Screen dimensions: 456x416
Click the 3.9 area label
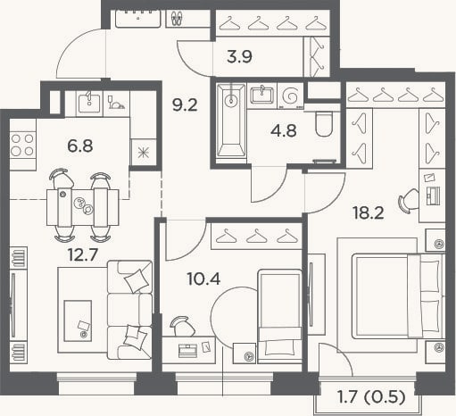[x=239, y=56]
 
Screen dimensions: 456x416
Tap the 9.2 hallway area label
[x=185, y=105]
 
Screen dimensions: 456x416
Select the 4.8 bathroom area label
[x=284, y=131]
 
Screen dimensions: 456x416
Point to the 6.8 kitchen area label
[x=80, y=146]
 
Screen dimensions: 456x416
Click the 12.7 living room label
[x=83, y=254]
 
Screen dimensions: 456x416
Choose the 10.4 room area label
[x=203, y=279]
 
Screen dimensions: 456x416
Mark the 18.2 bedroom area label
[x=369, y=213]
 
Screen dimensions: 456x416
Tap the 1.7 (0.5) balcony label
[x=371, y=397]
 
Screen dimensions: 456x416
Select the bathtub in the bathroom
[x=231, y=120]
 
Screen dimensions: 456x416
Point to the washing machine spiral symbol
[x=290, y=96]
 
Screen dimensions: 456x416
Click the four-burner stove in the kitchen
[x=22, y=145]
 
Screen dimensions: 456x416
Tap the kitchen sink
[x=89, y=101]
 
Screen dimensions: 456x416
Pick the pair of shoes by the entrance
[x=177, y=18]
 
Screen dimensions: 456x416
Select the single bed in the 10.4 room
[x=279, y=316]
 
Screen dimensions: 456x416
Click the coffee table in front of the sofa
[x=78, y=320]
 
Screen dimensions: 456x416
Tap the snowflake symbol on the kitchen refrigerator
[x=144, y=153]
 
